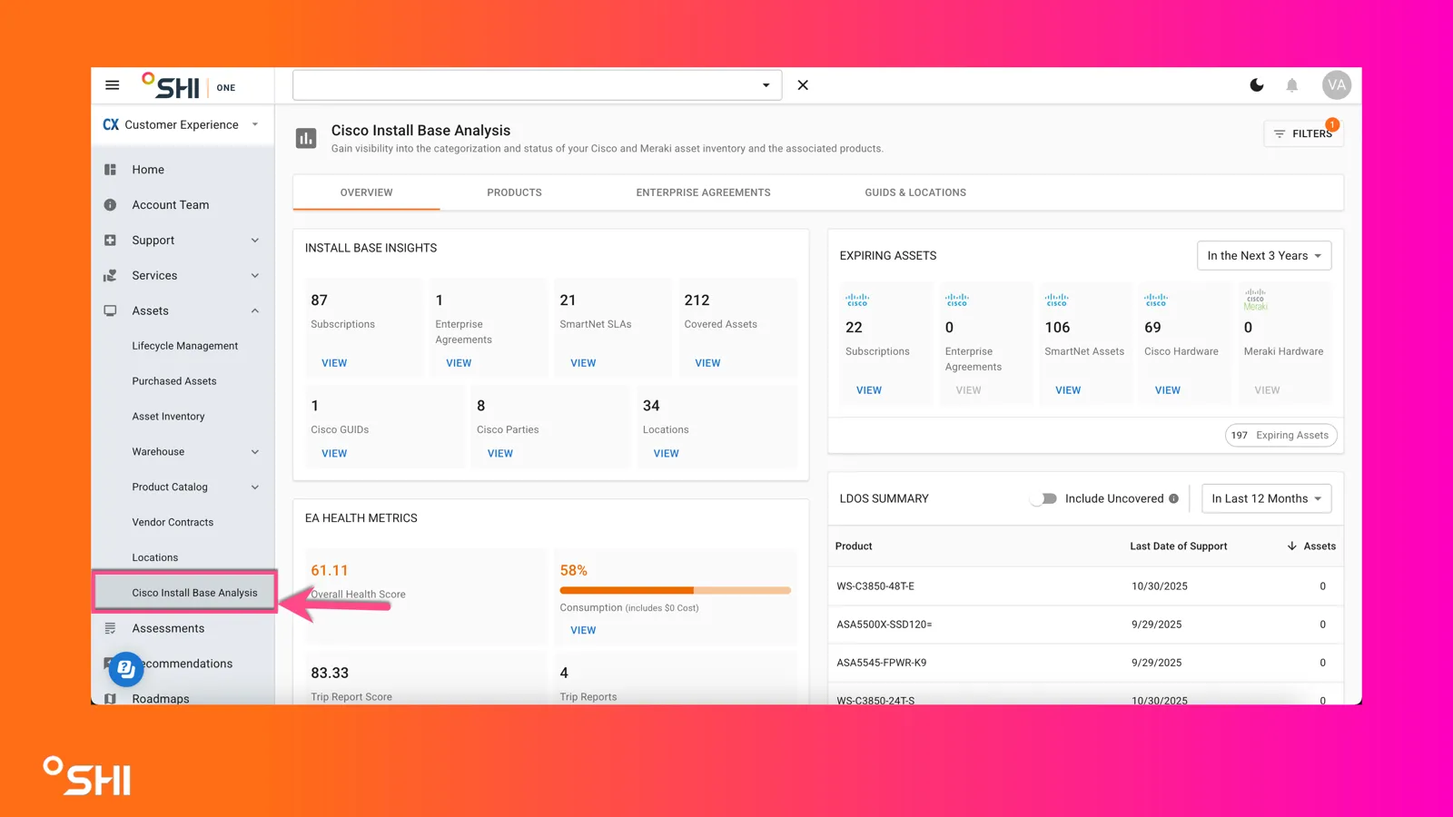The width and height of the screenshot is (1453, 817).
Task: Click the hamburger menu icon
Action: [113, 85]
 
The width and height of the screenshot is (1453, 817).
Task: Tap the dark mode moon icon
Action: [1257, 85]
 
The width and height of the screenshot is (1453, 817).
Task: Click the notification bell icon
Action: [1291, 85]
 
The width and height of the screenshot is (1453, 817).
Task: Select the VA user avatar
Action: [1336, 85]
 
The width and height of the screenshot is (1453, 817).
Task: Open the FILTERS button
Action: [1303, 133]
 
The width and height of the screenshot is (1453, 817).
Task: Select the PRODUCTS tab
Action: [514, 192]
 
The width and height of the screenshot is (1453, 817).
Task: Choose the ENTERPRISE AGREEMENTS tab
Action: [703, 192]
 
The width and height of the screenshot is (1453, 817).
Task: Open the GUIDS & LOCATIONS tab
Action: [915, 192]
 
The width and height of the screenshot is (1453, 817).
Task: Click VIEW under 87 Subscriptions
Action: [334, 363]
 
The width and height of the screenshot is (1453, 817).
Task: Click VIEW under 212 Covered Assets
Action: [707, 363]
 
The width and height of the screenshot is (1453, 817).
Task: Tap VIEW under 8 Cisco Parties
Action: [500, 453]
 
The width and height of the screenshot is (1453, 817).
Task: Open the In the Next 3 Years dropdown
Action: [1264, 255]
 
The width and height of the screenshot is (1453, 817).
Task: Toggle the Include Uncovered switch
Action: [1043, 498]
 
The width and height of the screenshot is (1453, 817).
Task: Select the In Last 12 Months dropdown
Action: [1266, 498]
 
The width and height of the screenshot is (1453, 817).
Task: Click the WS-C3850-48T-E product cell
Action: [875, 586]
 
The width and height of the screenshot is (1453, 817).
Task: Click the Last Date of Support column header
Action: [1179, 546]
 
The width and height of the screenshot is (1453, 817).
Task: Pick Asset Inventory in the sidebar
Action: [168, 417]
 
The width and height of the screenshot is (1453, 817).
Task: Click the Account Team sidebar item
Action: [171, 205]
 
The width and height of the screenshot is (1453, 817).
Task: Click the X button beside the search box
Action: [803, 85]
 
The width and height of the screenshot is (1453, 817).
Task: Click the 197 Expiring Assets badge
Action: [1280, 435]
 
